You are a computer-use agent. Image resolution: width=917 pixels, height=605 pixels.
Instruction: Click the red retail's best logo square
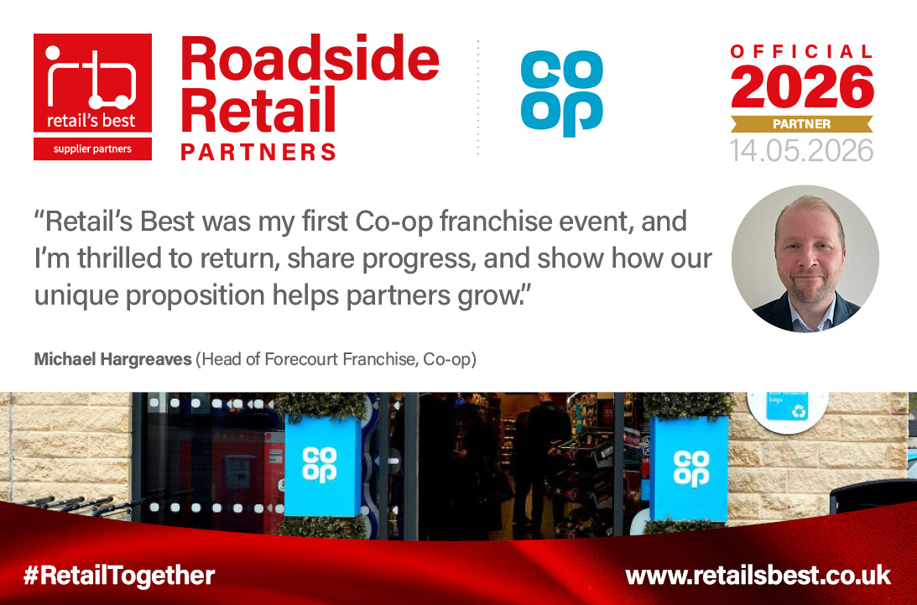coord(92,83)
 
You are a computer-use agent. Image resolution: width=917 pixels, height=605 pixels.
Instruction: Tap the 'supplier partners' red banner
coord(92,149)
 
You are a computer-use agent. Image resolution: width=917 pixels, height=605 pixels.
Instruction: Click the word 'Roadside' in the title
coord(310,59)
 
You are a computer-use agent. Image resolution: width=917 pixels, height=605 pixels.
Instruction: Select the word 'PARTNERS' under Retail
coord(258,152)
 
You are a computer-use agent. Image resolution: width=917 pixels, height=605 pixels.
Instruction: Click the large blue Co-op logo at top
coord(562,94)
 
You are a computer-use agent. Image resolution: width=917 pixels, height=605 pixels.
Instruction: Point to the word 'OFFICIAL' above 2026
coord(802,52)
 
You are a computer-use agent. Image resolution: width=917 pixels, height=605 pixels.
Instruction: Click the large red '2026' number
coord(802,87)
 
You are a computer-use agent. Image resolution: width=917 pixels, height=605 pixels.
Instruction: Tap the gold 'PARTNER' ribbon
coord(802,124)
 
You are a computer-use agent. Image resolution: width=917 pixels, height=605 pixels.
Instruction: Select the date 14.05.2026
coord(801,151)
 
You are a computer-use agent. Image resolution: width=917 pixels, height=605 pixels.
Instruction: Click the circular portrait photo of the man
coord(805,258)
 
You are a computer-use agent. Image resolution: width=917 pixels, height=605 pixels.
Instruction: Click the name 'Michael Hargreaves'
coord(113,358)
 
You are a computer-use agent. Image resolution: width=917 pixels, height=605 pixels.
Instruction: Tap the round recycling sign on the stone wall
coord(787,410)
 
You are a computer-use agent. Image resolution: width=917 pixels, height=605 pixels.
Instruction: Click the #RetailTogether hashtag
coord(119,576)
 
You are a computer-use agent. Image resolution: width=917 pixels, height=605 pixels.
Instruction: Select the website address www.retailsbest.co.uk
coord(758,576)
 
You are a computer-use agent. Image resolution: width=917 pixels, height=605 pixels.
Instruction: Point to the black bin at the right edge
coord(873,496)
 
